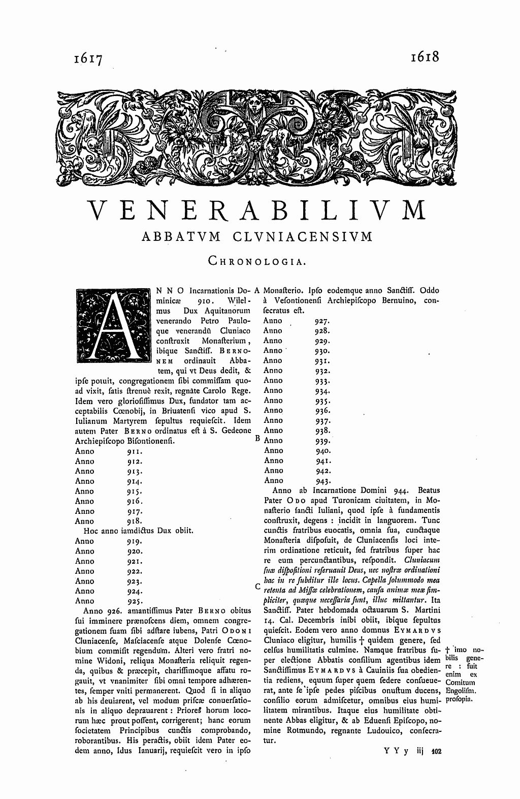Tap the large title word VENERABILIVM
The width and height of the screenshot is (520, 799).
pyautogui.click(x=257, y=210)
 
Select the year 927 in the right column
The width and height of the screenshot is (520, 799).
pyautogui.click(x=322, y=321)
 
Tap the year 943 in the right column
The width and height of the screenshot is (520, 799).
pyautogui.click(x=323, y=480)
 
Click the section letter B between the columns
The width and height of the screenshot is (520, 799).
pyautogui.click(x=257, y=437)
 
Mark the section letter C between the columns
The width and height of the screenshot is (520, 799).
pyautogui.click(x=257, y=587)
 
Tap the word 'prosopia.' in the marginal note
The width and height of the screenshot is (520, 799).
pyautogui.click(x=460, y=700)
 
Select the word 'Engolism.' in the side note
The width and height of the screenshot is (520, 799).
pyautogui.click(x=461, y=691)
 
